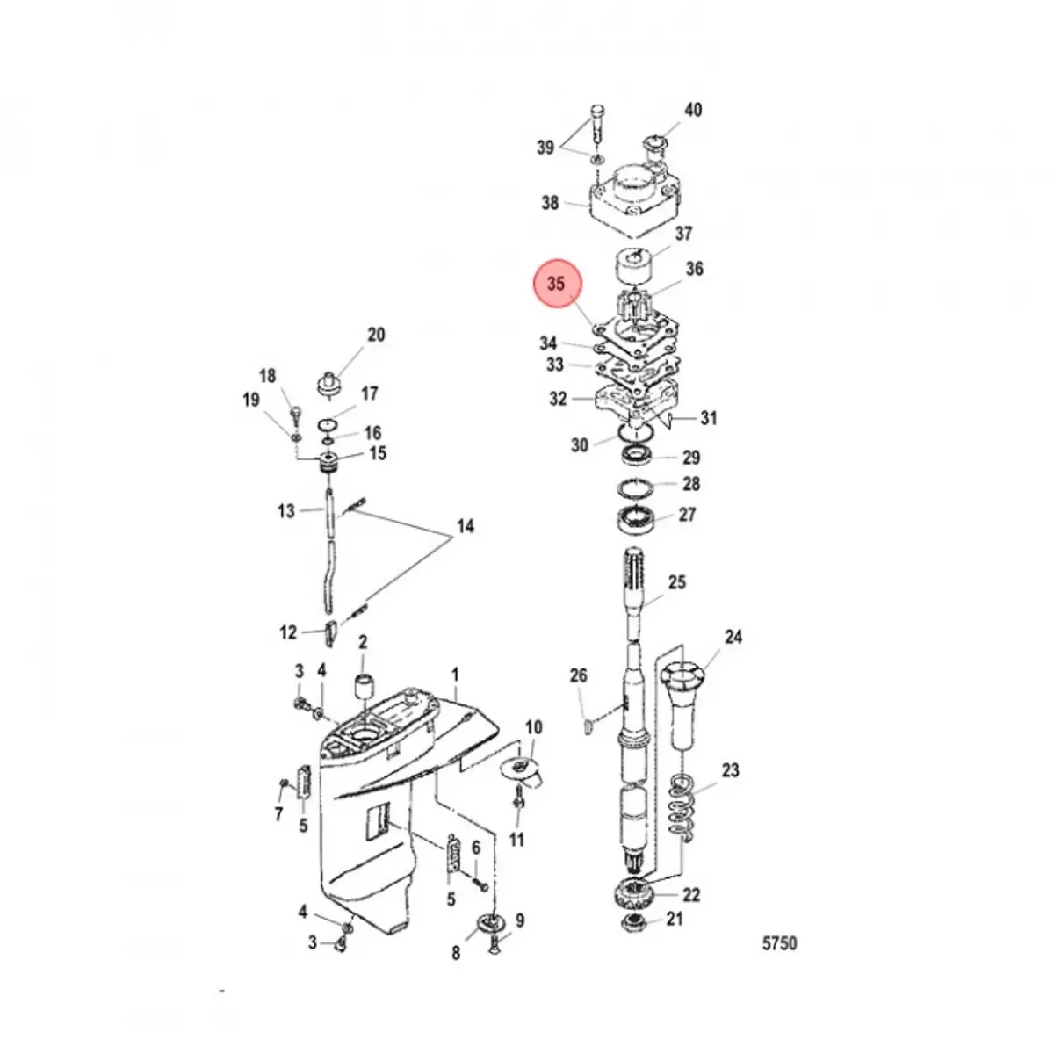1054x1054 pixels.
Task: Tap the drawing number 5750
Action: [x=778, y=943]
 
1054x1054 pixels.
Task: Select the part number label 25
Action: [x=677, y=582]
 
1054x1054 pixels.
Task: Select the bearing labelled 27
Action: [x=641, y=519]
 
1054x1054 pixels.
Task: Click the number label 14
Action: [x=465, y=526]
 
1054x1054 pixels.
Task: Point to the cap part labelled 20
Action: [x=328, y=383]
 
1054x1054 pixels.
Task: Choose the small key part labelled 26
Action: [x=589, y=725]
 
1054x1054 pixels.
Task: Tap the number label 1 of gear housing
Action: [x=455, y=675]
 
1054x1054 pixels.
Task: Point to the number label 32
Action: [x=558, y=399]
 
